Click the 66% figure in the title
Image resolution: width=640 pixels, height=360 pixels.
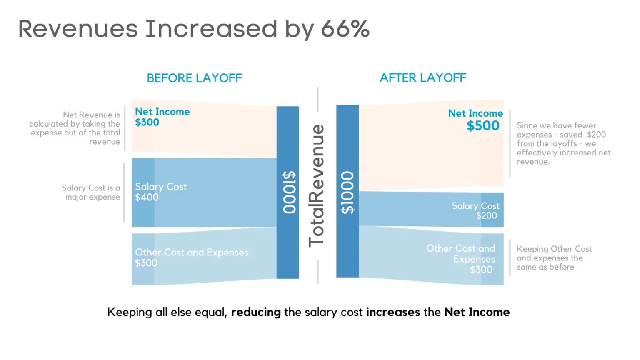[x=345, y=29]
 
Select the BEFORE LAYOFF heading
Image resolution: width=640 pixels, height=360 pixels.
[x=194, y=78]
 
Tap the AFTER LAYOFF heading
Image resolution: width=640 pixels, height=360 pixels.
[x=423, y=78]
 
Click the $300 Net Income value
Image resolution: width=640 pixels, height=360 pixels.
[x=147, y=122]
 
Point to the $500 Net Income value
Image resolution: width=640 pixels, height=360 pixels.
[x=483, y=126]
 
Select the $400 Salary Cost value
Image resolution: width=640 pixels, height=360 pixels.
[x=147, y=197]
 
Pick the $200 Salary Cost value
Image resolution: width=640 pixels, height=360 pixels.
[x=487, y=216]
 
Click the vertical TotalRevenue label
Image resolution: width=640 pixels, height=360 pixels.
[x=317, y=185]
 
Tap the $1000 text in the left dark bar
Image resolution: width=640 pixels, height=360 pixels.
[x=288, y=192]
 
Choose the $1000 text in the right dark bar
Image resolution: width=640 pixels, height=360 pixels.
[x=347, y=192]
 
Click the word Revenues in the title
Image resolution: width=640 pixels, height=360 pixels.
[x=78, y=29]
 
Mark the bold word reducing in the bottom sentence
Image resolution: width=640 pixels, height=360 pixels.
[x=256, y=312]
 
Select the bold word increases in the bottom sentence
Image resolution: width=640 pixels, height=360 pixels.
[x=393, y=312]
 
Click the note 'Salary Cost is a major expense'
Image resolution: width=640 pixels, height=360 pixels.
[x=91, y=192]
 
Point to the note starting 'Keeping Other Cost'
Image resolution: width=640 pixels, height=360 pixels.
[x=554, y=258]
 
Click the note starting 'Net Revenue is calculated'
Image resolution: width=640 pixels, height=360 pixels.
[x=75, y=128]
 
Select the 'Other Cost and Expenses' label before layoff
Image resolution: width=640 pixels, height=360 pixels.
[x=192, y=252]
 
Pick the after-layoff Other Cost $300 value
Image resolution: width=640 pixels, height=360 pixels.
[x=481, y=270]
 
